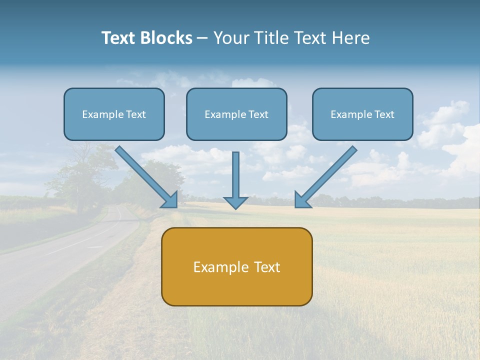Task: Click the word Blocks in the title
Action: click(167, 38)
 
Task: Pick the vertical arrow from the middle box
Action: click(235, 175)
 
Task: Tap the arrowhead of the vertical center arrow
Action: click(235, 202)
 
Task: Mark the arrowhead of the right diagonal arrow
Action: click(301, 200)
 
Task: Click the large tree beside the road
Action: click(82, 172)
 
